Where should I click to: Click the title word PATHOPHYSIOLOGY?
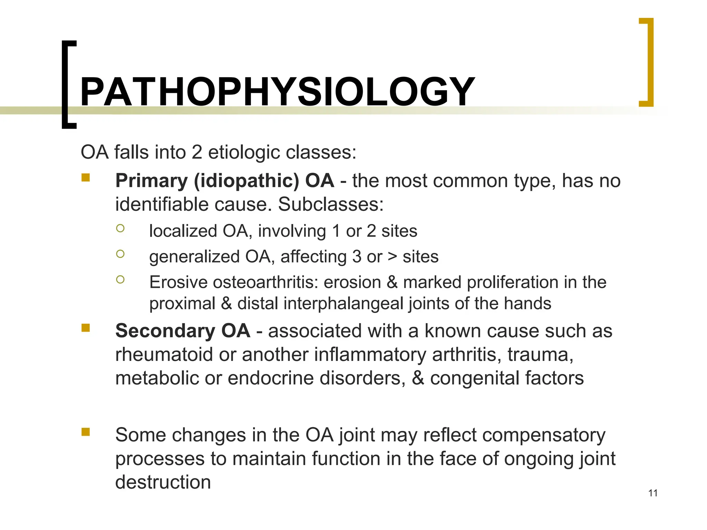[277, 92]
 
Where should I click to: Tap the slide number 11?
[653, 493]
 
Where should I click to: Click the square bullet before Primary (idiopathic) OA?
[86, 178]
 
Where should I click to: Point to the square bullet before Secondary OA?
[86, 327]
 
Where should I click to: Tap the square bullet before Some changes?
[86, 432]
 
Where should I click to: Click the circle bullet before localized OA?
[120, 228]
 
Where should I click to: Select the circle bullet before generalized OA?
[120, 254]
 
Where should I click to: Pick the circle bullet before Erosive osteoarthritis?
[120, 279]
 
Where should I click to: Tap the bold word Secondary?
[165, 331]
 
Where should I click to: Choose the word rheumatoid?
[164, 355]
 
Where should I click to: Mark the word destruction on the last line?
[163, 482]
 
